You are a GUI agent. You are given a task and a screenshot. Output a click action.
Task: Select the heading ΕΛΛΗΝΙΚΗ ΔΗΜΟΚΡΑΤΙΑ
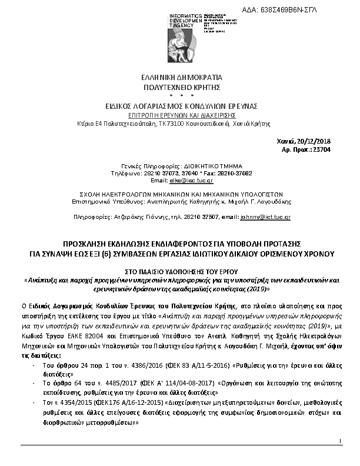click(179, 77)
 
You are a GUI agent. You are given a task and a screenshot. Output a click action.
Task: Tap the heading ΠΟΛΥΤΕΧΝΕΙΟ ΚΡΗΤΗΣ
click(179, 86)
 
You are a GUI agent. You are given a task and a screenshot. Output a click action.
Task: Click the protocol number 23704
click(322, 151)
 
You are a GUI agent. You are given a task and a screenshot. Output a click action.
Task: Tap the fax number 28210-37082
click(219, 174)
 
